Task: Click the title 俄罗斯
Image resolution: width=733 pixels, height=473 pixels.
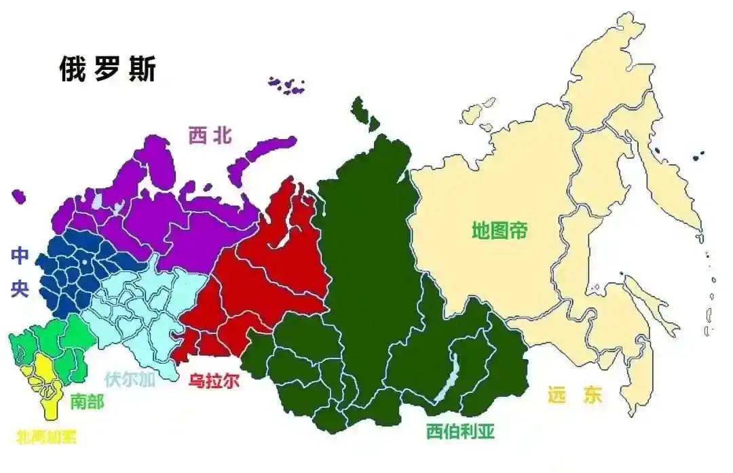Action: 107,69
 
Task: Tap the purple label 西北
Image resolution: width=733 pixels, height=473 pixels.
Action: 210,136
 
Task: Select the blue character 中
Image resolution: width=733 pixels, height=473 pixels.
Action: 20,255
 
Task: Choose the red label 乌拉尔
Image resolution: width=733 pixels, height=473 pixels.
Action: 214,381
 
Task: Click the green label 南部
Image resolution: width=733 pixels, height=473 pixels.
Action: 88,401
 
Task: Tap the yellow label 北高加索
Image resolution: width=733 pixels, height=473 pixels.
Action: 45,436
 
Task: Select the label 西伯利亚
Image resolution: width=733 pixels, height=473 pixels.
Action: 461,430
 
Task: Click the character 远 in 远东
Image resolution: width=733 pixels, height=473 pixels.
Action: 556,395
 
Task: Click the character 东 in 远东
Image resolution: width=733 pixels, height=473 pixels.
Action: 592,395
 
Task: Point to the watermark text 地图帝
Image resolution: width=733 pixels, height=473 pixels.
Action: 500,230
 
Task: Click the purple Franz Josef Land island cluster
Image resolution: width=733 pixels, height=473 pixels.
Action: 287,85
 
